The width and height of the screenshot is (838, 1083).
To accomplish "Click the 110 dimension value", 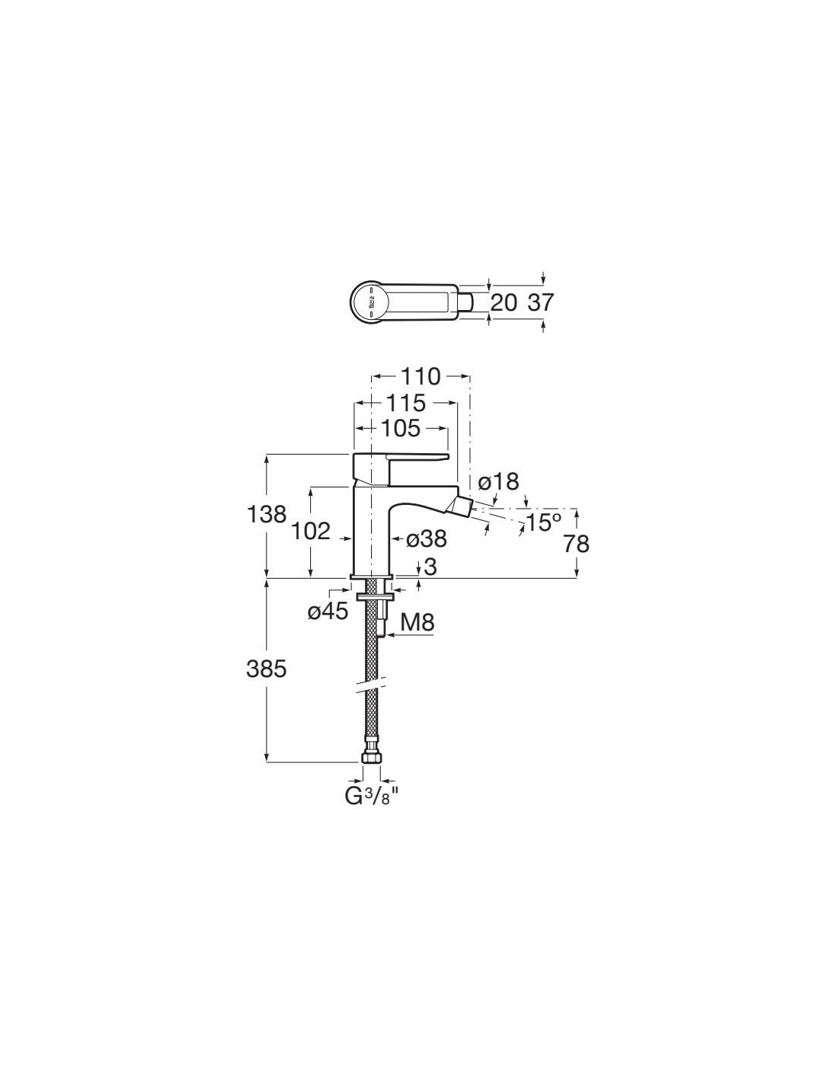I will click(421, 376).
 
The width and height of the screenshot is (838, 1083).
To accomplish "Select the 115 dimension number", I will click(405, 402).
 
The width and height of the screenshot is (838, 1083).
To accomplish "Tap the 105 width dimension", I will click(401, 429).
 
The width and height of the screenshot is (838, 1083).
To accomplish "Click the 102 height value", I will click(311, 531).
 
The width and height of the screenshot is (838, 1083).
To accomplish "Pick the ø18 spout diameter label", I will click(499, 481).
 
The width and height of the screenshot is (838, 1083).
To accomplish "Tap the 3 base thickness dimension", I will click(430, 567).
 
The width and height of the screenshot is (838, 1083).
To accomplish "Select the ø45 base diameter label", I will click(328, 611).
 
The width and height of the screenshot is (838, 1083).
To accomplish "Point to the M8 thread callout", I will click(417, 623).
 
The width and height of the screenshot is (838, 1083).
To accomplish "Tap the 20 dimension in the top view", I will click(504, 302).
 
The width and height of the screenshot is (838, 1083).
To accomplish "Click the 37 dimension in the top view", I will click(540, 302).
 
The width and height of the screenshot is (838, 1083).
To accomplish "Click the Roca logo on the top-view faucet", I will click(372, 302).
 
